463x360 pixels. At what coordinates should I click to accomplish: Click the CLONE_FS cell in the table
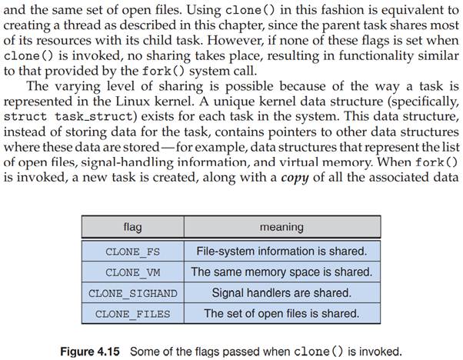click(x=132, y=251)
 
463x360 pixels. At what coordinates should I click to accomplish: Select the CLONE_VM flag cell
click(x=132, y=272)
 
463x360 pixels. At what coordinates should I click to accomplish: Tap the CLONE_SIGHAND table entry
click(x=132, y=293)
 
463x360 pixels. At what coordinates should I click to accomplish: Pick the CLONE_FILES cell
click(x=132, y=314)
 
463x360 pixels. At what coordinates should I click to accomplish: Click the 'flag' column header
click(x=132, y=228)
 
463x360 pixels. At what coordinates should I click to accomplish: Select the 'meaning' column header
click(x=281, y=228)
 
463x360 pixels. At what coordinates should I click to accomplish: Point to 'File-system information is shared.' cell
click(x=281, y=251)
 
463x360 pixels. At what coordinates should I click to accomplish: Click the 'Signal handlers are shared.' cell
click(x=281, y=293)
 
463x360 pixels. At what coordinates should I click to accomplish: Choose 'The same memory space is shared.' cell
click(x=281, y=272)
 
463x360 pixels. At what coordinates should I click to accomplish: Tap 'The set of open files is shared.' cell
click(x=281, y=314)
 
